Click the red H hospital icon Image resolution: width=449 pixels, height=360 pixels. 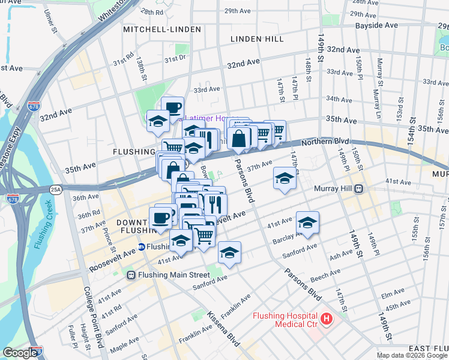coord(326,318)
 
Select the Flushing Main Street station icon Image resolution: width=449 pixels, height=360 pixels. coord(131,275)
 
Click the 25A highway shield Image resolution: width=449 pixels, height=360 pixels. coord(56,189)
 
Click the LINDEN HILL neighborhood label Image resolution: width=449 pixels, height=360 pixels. coord(257,39)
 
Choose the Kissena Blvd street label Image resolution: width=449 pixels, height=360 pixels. coord(223,330)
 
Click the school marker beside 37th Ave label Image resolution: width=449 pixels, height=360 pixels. coord(285,178)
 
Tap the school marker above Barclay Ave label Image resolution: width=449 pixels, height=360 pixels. coord(307,223)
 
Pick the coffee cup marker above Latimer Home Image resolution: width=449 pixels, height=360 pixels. coord(173,107)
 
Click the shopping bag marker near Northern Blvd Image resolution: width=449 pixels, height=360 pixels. coord(239,138)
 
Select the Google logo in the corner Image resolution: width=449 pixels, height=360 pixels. coord(20,353)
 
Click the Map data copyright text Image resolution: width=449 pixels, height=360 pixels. coord(411,355)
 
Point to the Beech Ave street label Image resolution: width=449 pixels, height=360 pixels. coord(326,274)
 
